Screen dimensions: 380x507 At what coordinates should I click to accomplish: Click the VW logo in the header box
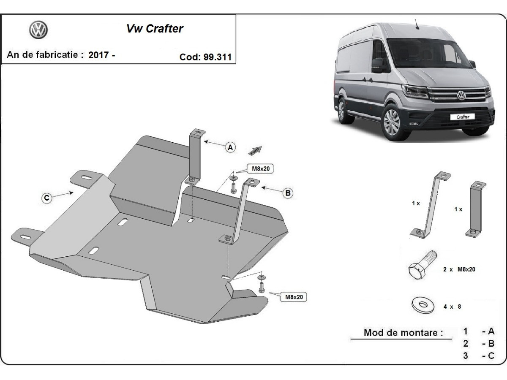click(38, 30)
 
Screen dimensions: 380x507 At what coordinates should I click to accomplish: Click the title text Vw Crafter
click(155, 29)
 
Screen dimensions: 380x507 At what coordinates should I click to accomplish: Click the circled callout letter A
click(230, 147)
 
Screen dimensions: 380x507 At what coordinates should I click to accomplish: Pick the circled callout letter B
click(288, 193)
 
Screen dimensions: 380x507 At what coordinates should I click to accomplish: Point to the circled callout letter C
click(47, 198)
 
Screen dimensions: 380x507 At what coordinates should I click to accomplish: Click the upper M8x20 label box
click(261, 169)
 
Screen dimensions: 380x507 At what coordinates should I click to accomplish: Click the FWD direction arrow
click(256, 150)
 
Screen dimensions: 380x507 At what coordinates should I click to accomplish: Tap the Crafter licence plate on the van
click(462, 117)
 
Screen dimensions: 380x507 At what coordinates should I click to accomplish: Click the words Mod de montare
click(403, 333)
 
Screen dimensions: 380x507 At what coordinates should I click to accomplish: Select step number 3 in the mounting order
click(465, 356)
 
